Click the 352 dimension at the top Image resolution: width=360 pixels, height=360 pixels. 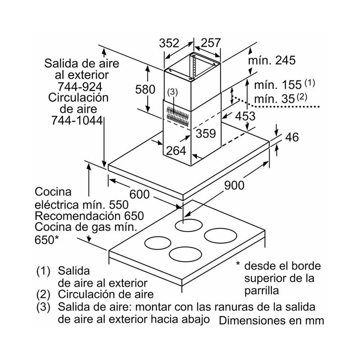point(169,43)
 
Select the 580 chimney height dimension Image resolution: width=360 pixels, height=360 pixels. point(145,89)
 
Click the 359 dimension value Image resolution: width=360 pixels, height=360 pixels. point(206,133)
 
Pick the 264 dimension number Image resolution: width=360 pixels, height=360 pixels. point(176,151)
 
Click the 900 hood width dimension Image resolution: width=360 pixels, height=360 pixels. point(234,185)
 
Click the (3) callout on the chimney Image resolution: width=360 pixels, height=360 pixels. point(173,92)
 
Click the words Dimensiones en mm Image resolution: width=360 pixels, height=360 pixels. point(271,321)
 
